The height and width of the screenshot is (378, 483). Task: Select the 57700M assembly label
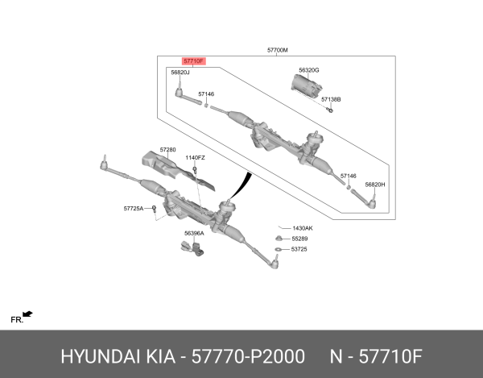point(278,50)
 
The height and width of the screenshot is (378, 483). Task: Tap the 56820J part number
point(180,73)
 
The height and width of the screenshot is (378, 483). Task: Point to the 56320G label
point(308,70)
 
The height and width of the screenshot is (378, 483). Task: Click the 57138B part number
point(331,99)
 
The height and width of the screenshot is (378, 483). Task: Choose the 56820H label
point(375,185)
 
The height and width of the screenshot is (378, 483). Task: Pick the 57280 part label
point(167,149)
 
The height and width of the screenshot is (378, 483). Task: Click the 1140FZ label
point(196,158)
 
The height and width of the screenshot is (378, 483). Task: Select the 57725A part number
point(134,208)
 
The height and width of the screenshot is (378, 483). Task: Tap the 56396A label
point(194,234)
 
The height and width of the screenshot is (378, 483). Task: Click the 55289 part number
point(299,239)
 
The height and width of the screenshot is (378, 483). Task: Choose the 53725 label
point(299,249)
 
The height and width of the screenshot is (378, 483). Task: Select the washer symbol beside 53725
point(278,250)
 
